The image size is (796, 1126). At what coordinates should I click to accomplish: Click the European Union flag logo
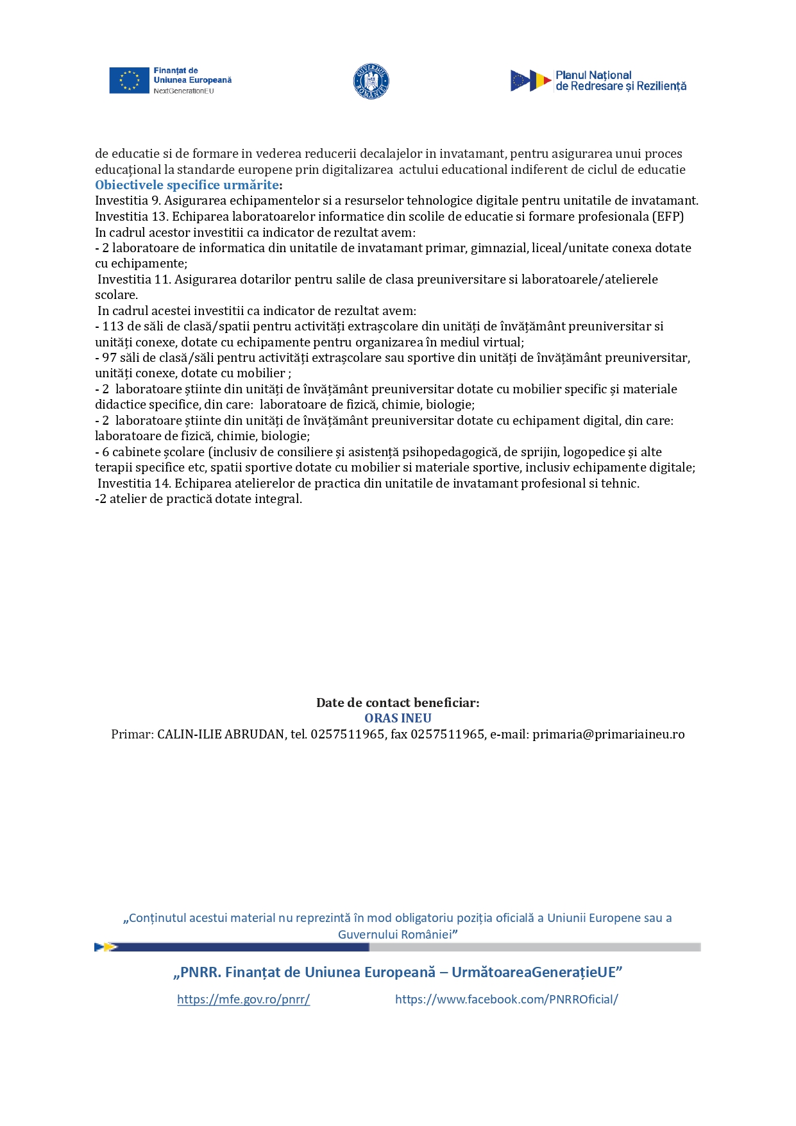[129, 81]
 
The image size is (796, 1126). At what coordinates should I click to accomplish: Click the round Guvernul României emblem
[371, 81]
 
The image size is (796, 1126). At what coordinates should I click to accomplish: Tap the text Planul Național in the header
[593, 75]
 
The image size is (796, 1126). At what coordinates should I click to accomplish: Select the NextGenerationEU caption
[183, 91]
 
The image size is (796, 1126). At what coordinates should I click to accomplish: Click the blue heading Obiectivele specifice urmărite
[187, 185]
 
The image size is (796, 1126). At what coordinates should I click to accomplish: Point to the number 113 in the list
[113, 326]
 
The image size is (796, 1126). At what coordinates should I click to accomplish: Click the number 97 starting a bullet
[109, 357]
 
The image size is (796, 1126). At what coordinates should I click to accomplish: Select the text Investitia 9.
[127, 200]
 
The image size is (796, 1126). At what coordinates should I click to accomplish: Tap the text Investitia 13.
[131, 216]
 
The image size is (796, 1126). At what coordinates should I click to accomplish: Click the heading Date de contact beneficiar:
[398, 703]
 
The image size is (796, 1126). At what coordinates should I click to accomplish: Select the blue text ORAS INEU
[398, 718]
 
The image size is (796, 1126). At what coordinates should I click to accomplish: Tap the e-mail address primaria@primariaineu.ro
[608, 734]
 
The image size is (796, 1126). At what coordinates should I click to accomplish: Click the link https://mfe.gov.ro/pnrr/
[243, 999]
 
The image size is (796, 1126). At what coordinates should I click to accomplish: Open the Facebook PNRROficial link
[506, 999]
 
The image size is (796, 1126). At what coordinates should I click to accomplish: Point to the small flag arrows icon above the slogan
[105, 947]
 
